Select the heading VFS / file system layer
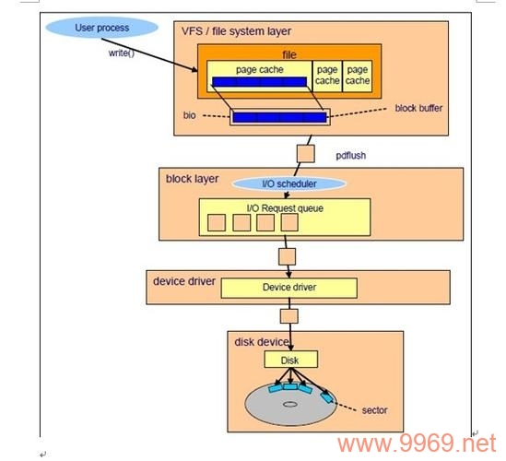pyautogui.click(x=236, y=31)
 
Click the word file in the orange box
pyautogui.click(x=288, y=54)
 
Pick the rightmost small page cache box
pyautogui.click(x=358, y=75)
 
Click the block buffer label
pyautogui.click(x=418, y=108)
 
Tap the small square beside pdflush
pyautogui.click(x=306, y=151)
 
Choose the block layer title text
pyautogui.click(x=192, y=178)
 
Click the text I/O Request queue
pyautogui.click(x=284, y=207)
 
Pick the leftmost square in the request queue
pyautogui.click(x=217, y=222)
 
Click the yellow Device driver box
pyautogui.click(x=288, y=288)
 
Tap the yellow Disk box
pyautogui.click(x=290, y=360)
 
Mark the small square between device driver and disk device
pyautogui.click(x=289, y=316)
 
